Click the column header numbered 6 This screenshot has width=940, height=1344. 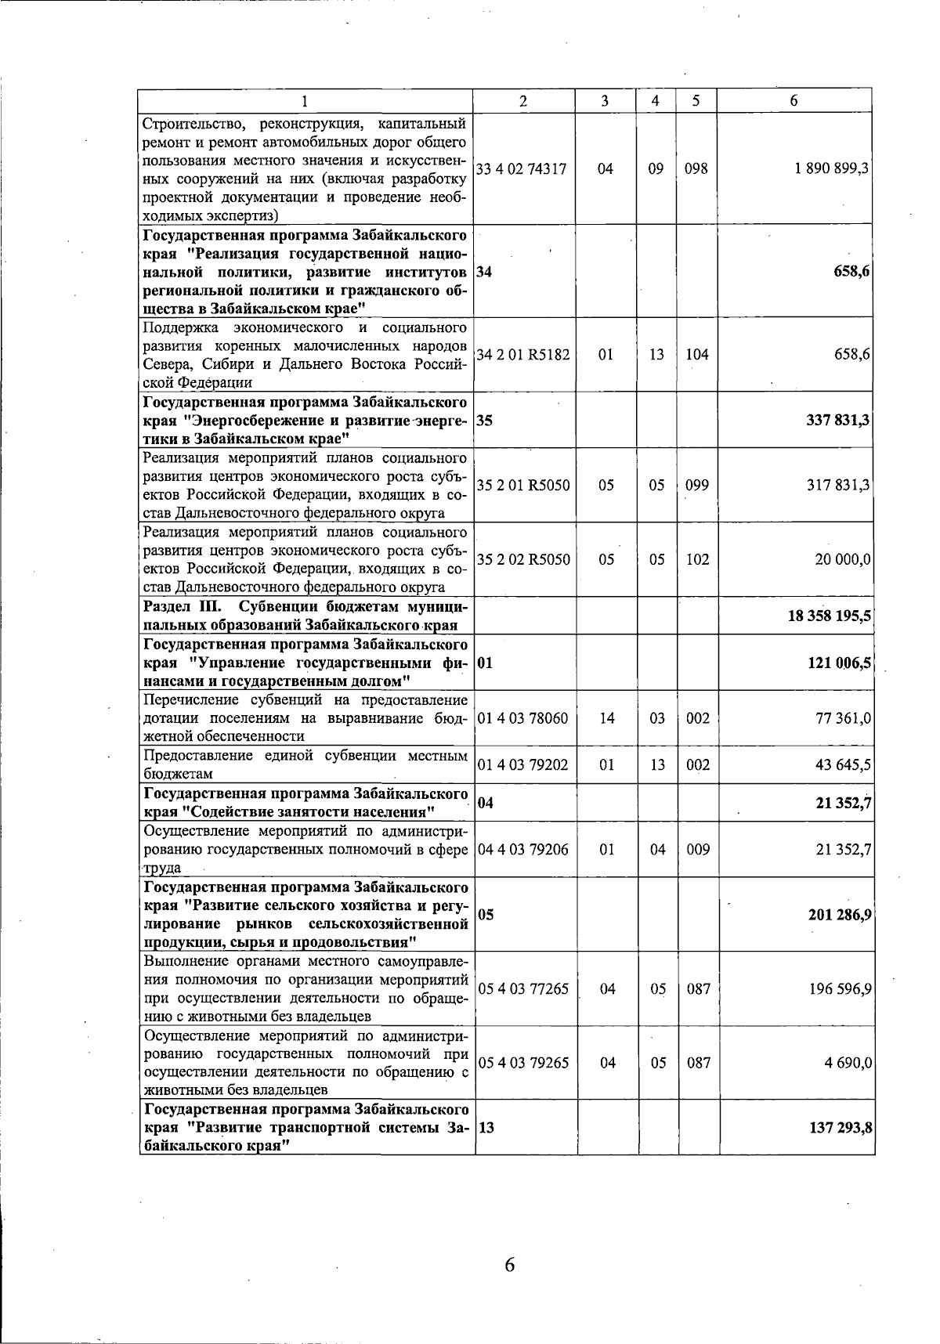click(794, 101)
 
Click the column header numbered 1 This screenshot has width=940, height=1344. click(305, 101)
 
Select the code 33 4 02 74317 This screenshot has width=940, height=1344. click(522, 168)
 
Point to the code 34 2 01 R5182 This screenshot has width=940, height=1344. click(523, 354)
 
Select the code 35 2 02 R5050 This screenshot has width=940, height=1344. click(523, 559)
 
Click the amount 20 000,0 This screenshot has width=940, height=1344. click(843, 559)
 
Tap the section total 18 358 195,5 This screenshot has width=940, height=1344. click(830, 616)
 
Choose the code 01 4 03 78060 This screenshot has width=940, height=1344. click(522, 717)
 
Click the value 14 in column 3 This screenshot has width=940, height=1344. click(606, 717)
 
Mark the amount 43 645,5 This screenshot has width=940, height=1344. click(844, 764)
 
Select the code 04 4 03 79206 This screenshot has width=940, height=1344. click(522, 849)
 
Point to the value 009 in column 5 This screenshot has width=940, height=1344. click(697, 849)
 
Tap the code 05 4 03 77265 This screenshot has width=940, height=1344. click(522, 988)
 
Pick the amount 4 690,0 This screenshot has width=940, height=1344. click(848, 1063)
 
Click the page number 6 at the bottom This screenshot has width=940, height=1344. click(509, 1264)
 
